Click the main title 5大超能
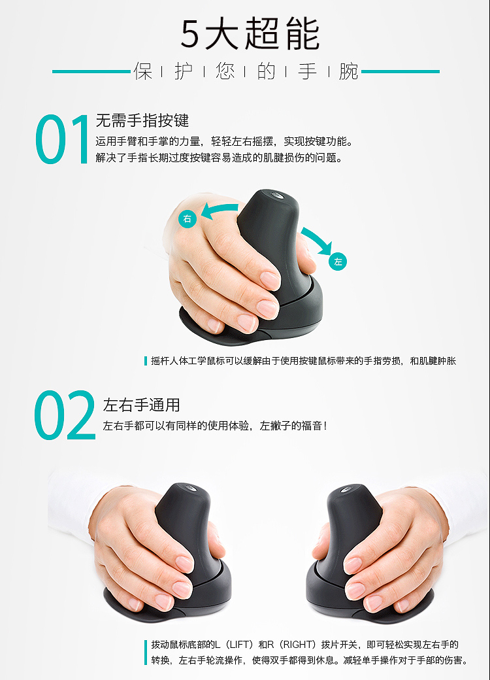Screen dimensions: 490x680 coord(250,34)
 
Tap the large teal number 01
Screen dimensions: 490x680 coord(62,139)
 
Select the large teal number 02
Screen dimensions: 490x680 coord(65,415)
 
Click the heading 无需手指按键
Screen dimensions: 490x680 coord(142,120)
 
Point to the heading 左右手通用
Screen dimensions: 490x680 coord(142,405)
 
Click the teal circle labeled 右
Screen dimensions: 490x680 coord(187,218)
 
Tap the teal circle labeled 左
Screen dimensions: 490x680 coord(338,262)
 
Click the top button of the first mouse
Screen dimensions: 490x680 coord(276,194)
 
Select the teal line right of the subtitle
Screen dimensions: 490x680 coord(400,71)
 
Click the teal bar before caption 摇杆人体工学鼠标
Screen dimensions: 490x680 coord(146,361)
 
